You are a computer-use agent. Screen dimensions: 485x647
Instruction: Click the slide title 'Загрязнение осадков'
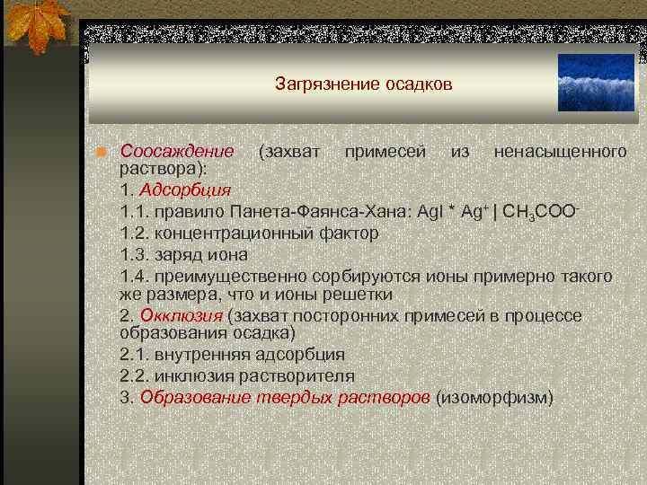pos(364,85)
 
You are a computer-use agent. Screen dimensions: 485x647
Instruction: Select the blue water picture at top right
pos(596,83)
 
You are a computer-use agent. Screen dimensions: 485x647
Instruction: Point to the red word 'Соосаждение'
pos(177,150)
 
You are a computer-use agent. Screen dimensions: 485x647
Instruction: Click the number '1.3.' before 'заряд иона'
pos(135,253)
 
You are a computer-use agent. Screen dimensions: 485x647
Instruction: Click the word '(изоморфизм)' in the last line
pos(494,397)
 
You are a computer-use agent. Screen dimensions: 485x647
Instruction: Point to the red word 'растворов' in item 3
pos(393,397)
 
